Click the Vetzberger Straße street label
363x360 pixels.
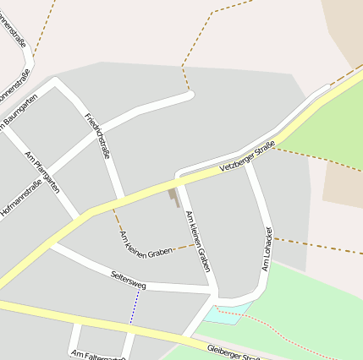[248, 157]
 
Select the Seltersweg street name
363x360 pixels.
[129, 281]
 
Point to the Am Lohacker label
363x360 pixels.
[267, 248]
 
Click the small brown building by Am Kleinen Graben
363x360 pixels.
[173, 197]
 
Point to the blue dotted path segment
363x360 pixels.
[132, 309]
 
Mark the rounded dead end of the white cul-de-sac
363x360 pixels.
[190, 95]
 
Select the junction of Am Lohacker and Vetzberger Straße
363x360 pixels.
[247, 161]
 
